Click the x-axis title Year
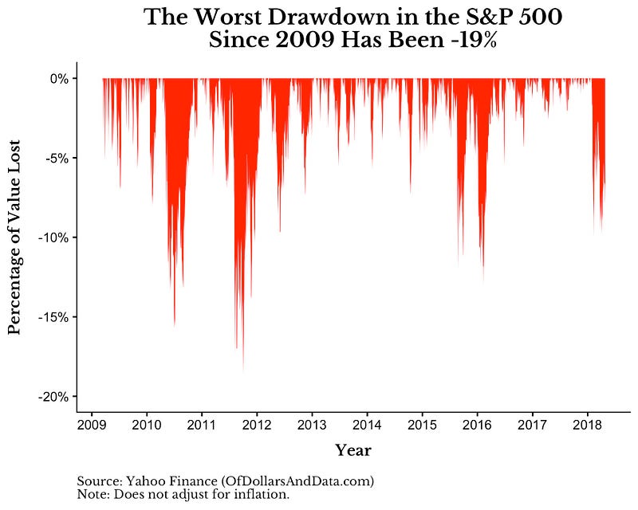click(353, 450)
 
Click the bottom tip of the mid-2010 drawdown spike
click(174, 325)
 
